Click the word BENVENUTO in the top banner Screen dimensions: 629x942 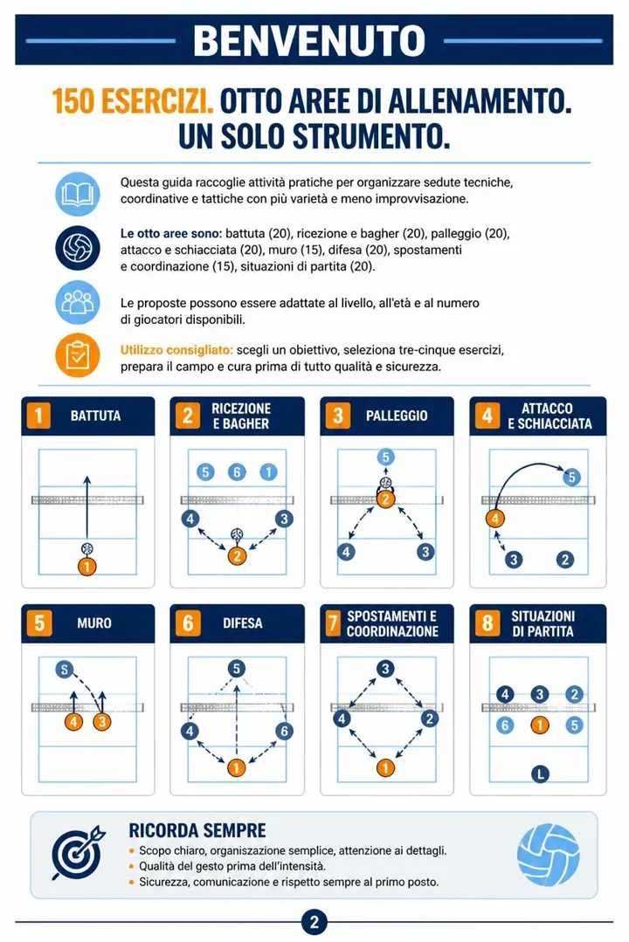tap(309, 40)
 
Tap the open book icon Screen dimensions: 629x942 tap(78, 194)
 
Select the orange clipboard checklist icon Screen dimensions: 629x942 tap(78, 355)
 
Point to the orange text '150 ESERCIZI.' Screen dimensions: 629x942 tap(133, 101)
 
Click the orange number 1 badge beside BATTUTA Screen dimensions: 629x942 tap(38, 416)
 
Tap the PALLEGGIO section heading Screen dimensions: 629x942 tap(397, 416)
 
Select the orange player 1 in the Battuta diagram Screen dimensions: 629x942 tap(87, 566)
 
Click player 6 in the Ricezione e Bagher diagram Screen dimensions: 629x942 tap(237, 472)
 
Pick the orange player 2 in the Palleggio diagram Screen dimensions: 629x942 tap(385, 499)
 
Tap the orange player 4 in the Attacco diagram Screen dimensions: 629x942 tap(495, 519)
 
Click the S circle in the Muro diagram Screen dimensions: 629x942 tap(65, 669)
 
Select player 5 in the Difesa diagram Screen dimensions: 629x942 tap(237, 669)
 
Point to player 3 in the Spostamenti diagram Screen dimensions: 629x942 tap(385, 668)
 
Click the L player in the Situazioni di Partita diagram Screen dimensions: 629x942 tap(540, 774)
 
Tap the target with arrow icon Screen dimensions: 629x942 tap(78, 852)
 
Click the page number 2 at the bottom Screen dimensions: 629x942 tap(314, 922)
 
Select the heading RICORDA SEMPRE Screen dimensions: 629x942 tap(197, 830)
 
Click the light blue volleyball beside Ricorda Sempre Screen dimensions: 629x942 tap(549, 855)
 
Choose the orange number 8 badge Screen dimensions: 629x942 tap(487, 623)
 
